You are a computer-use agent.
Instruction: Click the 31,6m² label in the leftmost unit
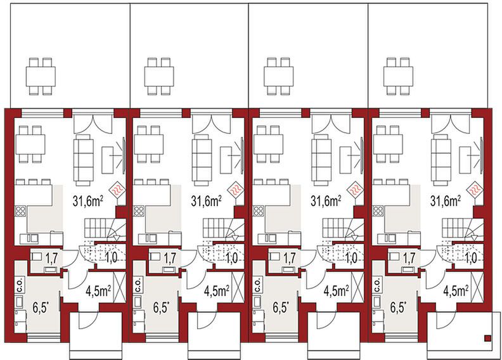click(88, 202)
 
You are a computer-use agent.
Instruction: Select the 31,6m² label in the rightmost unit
click(446, 202)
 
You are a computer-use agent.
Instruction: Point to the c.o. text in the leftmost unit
click(20, 286)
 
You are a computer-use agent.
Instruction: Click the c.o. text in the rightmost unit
click(378, 286)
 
